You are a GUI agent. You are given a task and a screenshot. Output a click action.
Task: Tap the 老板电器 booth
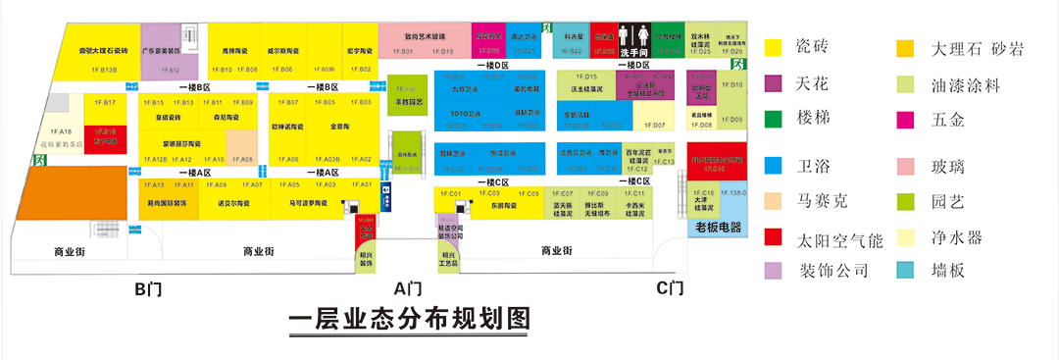tap(718, 228)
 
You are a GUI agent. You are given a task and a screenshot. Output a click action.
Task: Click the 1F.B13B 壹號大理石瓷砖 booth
tap(104, 53)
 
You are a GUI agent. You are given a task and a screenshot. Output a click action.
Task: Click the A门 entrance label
tap(407, 288)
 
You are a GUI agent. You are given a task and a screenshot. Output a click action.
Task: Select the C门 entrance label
tap(670, 288)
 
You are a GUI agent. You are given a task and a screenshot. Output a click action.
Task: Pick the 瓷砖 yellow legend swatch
tap(774, 47)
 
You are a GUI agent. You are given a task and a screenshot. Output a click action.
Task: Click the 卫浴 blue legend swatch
tap(774, 163)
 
